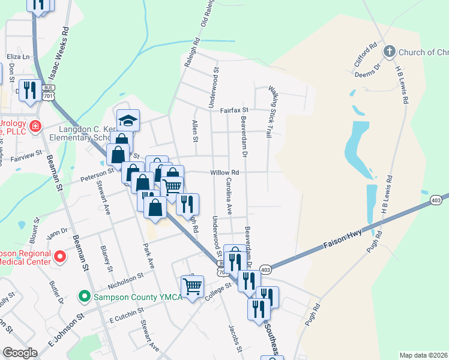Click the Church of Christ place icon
[x=389, y=51]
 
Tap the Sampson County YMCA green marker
[x=85, y=296]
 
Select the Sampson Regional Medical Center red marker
[x=59, y=257]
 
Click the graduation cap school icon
[x=128, y=121]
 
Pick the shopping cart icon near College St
[x=192, y=287]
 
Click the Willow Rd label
[x=224, y=172]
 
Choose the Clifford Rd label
[x=365, y=54]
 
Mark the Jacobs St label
[x=235, y=339]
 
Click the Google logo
[x=20, y=352]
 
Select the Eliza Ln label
[x=18, y=56]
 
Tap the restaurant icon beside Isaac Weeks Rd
[x=29, y=90]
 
